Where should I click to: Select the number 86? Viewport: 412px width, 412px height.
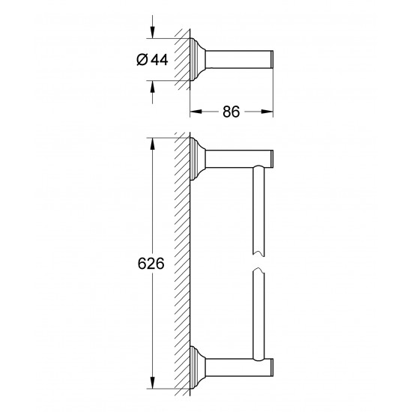tap(231, 112)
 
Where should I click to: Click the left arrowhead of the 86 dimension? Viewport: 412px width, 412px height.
tap(193, 112)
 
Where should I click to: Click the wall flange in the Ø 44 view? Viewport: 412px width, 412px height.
tap(198, 61)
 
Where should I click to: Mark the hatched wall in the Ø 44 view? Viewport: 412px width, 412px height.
tap(182, 61)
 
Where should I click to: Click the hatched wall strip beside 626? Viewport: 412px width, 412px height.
tap(182, 262)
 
